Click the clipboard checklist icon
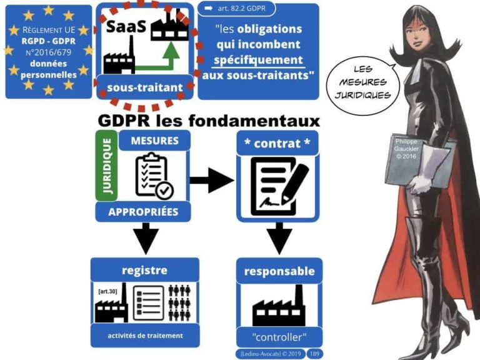click(154, 176)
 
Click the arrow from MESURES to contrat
click(211, 181)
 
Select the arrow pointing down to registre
click(145, 238)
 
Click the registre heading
click(144, 270)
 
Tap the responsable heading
click(279, 271)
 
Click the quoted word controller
click(279, 338)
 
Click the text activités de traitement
click(145, 336)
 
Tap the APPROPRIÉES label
click(144, 211)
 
